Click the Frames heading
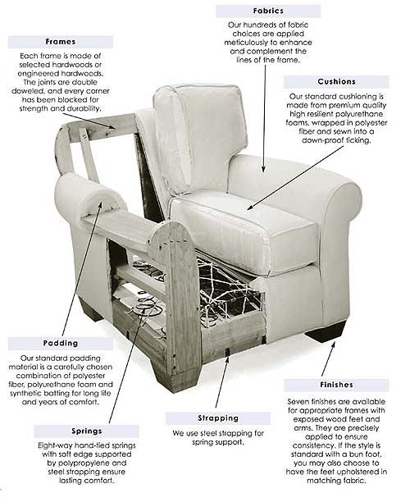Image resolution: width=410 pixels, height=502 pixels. tap(61, 42)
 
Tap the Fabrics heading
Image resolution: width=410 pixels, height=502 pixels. tap(268, 11)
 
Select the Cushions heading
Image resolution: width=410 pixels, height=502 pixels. tap(337, 82)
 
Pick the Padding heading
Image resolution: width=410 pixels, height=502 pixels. tap(61, 343)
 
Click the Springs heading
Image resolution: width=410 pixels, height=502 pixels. tap(87, 431)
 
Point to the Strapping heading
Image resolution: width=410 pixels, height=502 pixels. tap(218, 418)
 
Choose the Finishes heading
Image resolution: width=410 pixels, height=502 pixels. tap(337, 385)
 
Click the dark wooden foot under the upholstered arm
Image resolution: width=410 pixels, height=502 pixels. tap(326, 332)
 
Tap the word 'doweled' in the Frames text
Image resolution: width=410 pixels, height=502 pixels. tap(28, 91)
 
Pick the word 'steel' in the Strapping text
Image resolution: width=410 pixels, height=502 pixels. tap(208, 433)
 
